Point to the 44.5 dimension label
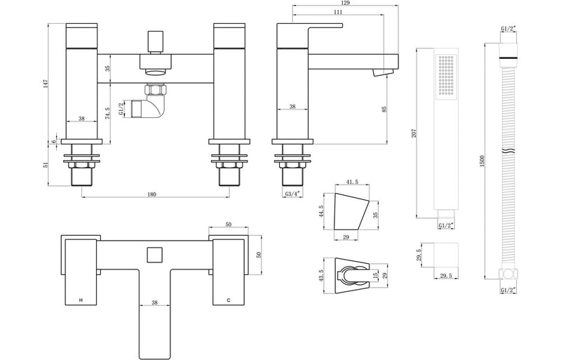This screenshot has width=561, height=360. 320,211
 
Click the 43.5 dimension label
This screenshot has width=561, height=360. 320,276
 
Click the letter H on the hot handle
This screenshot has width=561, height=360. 81,300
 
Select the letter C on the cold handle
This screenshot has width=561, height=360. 228,300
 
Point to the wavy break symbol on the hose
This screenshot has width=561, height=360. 506,153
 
